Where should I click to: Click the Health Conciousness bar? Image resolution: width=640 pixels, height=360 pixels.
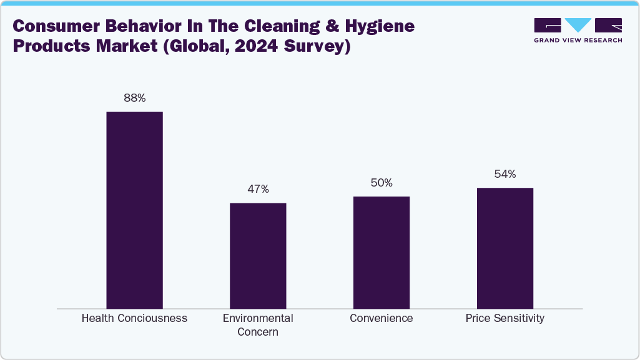point(134,210)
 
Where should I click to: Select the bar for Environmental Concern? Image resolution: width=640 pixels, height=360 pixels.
point(258,255)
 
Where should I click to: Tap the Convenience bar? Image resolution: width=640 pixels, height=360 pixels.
point(381,252)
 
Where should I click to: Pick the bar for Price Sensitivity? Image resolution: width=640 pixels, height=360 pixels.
point(505,248)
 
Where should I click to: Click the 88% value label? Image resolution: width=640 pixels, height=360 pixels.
point(134,98)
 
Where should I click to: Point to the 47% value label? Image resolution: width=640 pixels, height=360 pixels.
point(258,189)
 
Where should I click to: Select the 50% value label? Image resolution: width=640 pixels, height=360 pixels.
point(381,183)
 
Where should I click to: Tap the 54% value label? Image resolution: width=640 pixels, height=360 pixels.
point(505,174)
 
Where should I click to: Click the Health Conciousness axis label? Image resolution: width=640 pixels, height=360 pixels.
point(134,318)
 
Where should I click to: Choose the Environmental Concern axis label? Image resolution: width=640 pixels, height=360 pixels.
point(258,325)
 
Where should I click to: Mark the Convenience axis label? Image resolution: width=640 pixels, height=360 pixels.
point(381,318)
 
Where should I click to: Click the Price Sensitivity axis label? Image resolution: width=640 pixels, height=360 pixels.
point(505,318)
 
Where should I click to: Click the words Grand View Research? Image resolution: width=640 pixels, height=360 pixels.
point(578,41)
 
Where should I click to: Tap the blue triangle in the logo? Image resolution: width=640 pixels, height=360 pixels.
point(578,25)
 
